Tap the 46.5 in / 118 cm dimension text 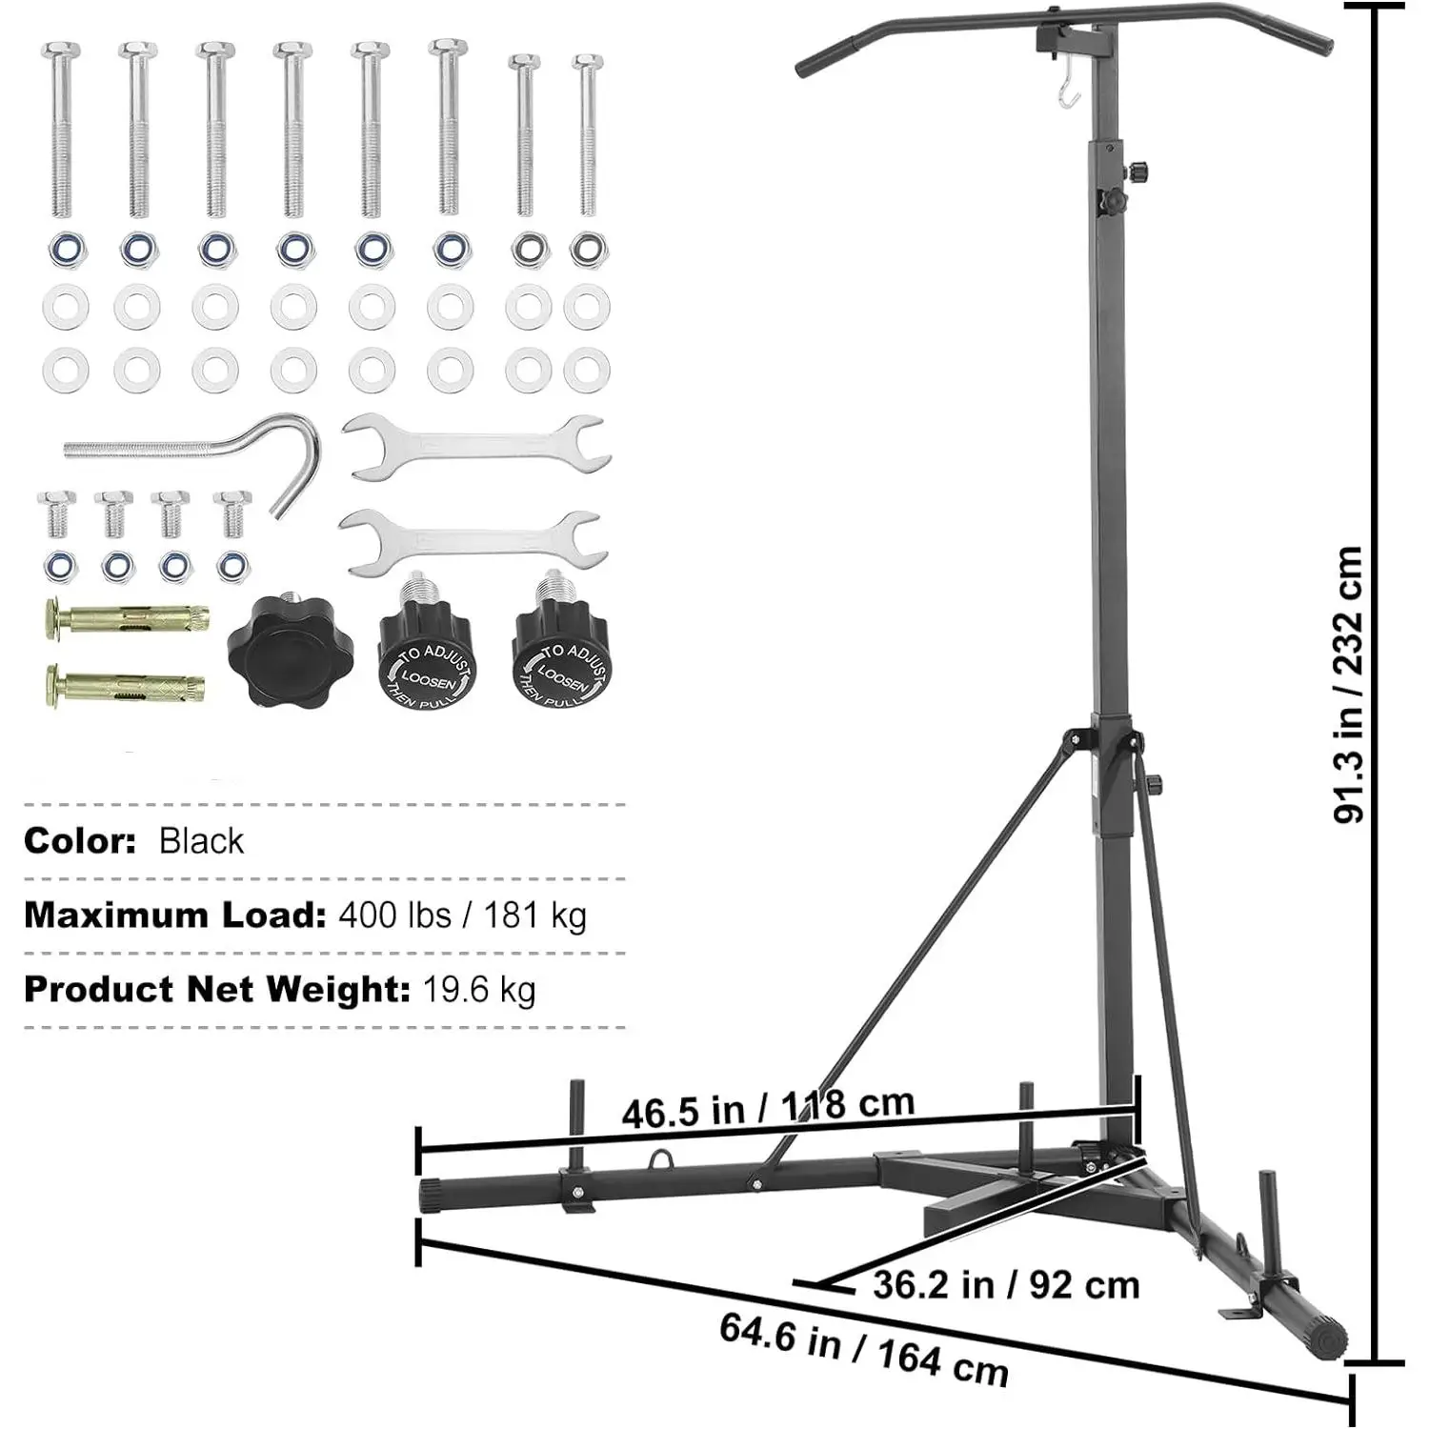768,1107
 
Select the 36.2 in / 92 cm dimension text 1006,1285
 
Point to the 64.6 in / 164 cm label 863,1349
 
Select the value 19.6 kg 479,990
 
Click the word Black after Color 201,841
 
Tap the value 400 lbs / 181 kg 463,915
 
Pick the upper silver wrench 473,445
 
